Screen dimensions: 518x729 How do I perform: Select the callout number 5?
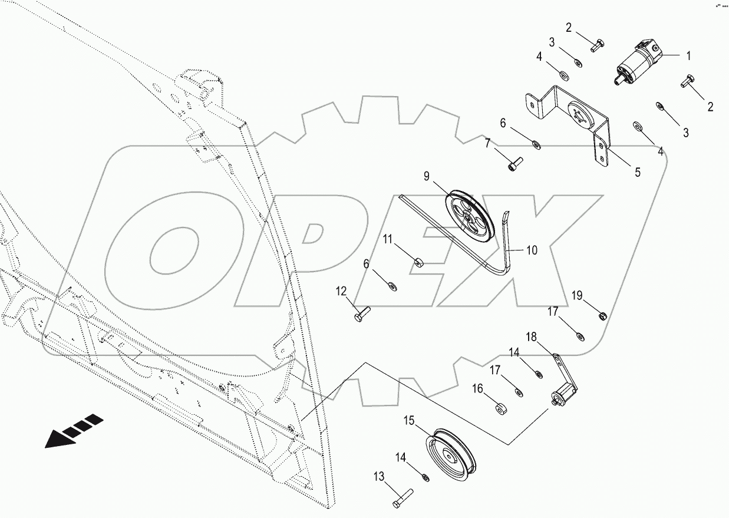[638, 173]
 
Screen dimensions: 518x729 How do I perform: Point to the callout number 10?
[531, 250]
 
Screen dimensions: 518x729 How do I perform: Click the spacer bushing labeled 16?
[500, 408]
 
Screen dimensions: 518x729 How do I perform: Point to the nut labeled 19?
[602, 316]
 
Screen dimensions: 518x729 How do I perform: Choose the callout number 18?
[531, 337]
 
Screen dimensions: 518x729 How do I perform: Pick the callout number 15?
[409, 421]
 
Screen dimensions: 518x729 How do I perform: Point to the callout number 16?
[477, 388]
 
